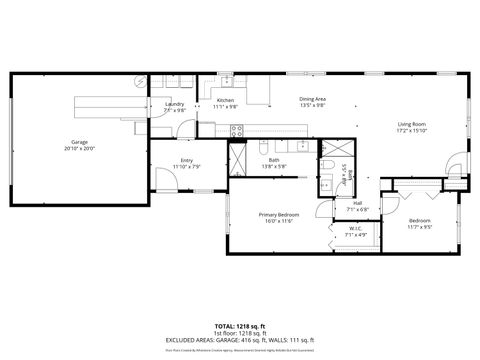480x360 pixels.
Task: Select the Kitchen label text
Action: [226, 101]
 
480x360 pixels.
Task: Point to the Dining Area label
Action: [313, 99]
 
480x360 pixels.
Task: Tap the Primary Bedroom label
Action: [279, 215]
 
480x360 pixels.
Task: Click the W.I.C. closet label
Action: [355, 229]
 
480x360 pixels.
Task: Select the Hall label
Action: [357, 203]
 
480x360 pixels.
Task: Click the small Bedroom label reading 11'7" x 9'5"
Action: [419, 221]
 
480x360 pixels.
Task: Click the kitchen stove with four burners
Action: [238, 130]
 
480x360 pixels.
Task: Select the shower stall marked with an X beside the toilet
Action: [327, 184]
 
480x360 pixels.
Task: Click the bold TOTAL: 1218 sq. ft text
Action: [240, 327]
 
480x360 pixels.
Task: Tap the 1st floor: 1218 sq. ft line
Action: [240, 333]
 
